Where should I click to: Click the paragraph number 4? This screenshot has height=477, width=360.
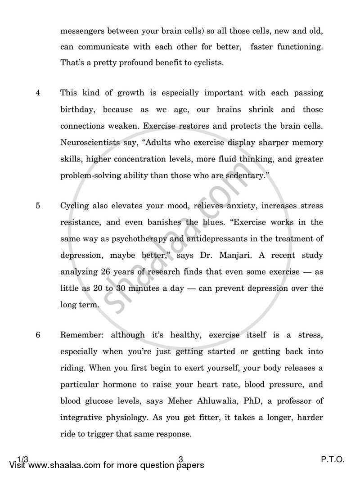(x=38, y=93)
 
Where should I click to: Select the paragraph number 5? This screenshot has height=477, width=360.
(x=38, y=206)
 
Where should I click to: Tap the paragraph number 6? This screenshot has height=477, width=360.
(x=38, y=335)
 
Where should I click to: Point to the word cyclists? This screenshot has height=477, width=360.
(x=206, y=63)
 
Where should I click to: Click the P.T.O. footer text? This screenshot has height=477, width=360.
(x=333, y=459)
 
